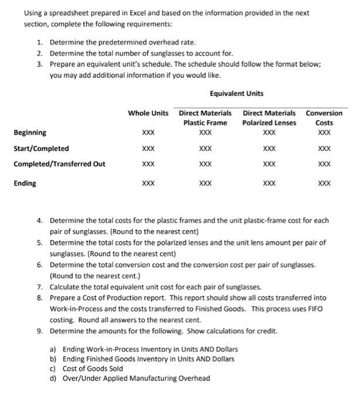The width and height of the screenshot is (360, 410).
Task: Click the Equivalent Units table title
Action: (x=236, y=93)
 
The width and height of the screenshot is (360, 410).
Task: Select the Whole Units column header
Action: (x=148, y=112)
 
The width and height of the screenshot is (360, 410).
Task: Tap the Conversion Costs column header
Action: (x=324, y=117)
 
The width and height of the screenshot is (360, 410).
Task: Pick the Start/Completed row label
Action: (x=41, y=148)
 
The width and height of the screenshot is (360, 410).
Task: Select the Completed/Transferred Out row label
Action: (x=59, y=164)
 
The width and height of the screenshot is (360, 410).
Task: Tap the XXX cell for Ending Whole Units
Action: (x=148, y=183)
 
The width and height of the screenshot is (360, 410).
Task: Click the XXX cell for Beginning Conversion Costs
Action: (x=324, y=132)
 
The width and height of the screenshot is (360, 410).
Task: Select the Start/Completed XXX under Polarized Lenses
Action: (x=270, y=149)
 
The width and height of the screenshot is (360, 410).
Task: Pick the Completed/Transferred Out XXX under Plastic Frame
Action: (x=205, y=165)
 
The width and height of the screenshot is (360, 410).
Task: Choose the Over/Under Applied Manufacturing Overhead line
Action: (x=136, y=378)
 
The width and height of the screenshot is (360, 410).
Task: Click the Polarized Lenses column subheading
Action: (x=270, y=122)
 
